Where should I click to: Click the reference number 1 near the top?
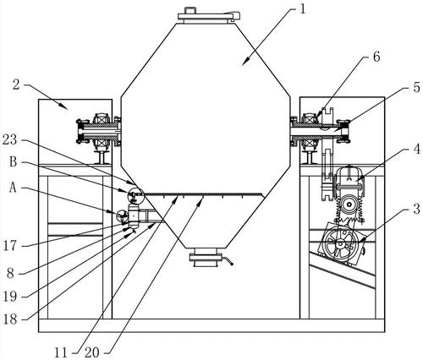pos(302,9)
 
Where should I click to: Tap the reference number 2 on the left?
pos(17,85)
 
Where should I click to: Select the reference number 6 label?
pos(376,57)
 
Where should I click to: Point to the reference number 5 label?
pos(416,88)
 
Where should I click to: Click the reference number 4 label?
pos(416,149)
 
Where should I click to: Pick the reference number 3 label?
pos(416,209)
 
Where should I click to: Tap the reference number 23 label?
pos(10,139)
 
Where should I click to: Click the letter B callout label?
pos(14,162)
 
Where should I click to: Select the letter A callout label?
pos(13,188)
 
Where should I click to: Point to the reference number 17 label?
pos(10,246)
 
